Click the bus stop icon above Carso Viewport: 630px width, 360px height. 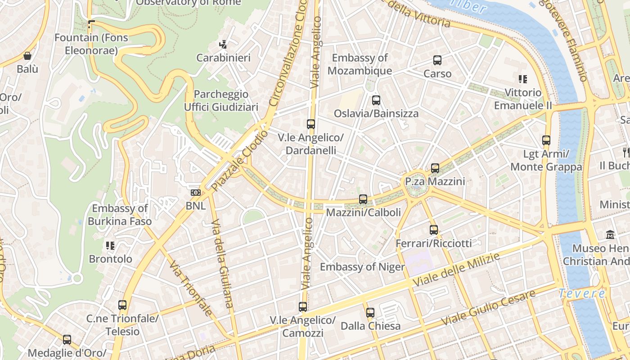coord(437,60)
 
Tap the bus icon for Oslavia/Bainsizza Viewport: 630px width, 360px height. coord(376,100)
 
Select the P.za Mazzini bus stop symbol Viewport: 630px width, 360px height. coord(435,168)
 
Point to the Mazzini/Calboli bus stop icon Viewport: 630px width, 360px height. coord(363,199)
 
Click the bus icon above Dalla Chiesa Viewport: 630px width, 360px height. coord(370,312)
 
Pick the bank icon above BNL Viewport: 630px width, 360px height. coord(195,193)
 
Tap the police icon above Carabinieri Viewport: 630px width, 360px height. coord(223,45)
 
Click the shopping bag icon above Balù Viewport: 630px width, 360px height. coord(27,56)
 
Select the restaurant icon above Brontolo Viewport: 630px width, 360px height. coord(110,246)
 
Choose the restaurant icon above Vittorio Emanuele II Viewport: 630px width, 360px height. coord(522,79)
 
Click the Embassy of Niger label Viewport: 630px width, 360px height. coord(362,267)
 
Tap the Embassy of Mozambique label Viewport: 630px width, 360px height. coord(360,64)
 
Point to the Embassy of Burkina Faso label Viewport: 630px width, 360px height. coord(120,215)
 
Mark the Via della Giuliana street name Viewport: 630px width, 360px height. coord(223,263)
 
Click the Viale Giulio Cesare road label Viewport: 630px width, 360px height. coord(488,308)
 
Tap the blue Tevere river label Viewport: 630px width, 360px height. coord(582,294)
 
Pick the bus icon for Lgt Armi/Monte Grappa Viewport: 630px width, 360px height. coord(546,140)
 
